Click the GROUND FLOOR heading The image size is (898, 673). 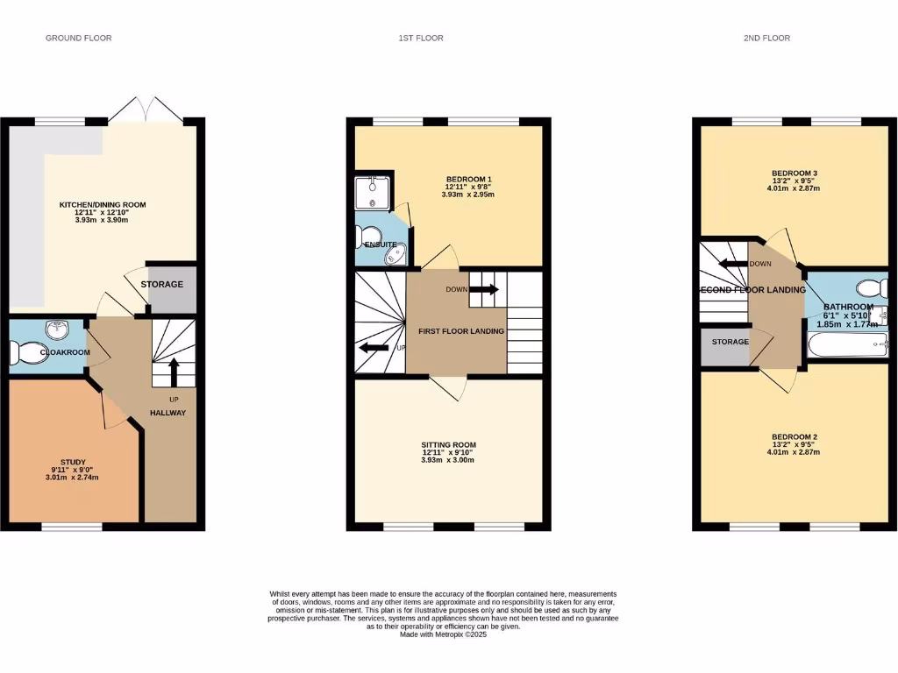(78, 38)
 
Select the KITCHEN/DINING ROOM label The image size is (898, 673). (103, 204)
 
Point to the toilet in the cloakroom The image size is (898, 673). (26, 353)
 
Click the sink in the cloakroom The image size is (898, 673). (57, 330)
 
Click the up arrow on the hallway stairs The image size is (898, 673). (173, 371)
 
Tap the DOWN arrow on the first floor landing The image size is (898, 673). (488, 289)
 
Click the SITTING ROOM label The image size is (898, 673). (448, 444)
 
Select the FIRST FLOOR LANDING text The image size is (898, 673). (460, 331)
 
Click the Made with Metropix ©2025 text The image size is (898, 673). (443, 634)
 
